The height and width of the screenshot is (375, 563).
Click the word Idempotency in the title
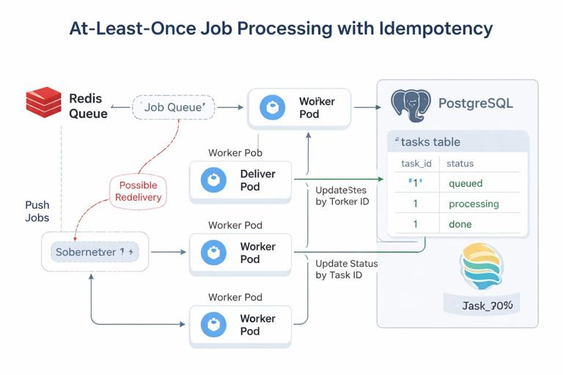pos(436,29)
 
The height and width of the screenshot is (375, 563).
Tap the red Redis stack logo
pos(43,102)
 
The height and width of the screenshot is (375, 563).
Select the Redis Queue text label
pos(88,106)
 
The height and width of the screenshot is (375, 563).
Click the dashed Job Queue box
pos(174,107)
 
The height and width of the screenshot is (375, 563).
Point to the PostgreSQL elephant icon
pos(409,105)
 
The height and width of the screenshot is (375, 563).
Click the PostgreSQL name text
pos(475,103)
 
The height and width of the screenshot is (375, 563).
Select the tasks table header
pos(430,142)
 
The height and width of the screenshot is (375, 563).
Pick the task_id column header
pos(416,163)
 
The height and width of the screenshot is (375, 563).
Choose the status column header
pos(460,163)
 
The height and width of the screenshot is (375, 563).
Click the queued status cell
pos(466,183)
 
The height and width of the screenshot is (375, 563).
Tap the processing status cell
pos(474,204)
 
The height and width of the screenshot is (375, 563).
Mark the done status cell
pos(460,224)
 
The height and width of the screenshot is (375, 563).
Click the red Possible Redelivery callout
pos(139,191)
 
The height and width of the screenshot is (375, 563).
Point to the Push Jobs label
pos(37,212)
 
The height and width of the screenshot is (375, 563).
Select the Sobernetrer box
pos(95,251)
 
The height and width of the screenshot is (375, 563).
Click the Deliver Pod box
pos(240,181)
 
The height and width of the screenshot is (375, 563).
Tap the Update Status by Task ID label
pos(346,269)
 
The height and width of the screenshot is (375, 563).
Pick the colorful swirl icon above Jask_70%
pos(482,268)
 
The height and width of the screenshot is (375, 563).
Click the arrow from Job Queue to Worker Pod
pos(229,107)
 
